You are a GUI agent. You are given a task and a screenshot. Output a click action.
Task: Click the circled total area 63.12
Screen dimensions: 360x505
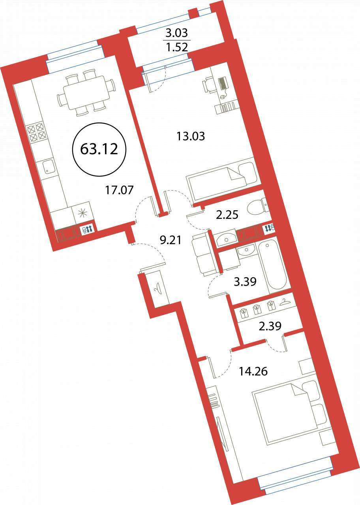click(99, 149)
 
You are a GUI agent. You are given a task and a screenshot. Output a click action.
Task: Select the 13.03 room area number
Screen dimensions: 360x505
click(191, 136)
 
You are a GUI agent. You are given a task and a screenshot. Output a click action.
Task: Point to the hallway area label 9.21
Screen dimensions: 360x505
click(170, 241)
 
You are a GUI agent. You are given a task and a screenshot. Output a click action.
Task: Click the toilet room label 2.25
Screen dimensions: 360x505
click(227, 215)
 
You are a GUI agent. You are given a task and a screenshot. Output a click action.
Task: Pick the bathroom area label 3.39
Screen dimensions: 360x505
click(245, 281)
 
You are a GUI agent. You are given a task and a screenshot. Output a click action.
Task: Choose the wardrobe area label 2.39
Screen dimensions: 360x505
click(270, 325)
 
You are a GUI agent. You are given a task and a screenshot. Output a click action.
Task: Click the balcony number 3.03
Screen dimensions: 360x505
click(176, 34)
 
